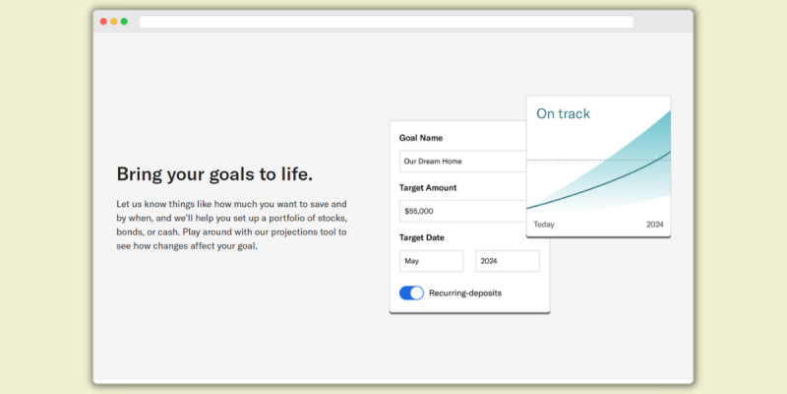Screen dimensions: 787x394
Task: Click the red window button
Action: (x=103, y=22)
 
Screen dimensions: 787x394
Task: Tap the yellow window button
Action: (x=114, y=22)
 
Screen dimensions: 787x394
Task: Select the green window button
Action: (x=124, y=22)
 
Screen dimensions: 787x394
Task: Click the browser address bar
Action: (x=386, y=22)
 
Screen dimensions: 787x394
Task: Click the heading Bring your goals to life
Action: (x=214, y=175)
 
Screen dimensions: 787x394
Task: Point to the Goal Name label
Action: (x=421, y=138)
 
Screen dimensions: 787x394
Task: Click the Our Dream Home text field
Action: (x=462, y=162)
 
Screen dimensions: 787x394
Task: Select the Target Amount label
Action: (x=428, y=188)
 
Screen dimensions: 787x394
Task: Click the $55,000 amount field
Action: (x=462, y=211)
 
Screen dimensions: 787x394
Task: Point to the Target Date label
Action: (x=422, y=237)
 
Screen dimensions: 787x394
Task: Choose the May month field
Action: (x=431, y=261)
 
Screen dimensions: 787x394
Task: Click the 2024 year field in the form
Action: (x=508, y=261)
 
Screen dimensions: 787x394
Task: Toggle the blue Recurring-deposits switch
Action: (x=411, y=293)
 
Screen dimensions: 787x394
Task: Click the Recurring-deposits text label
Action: (x=465, y=293)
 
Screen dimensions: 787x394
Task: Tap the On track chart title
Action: (x=563, y=113)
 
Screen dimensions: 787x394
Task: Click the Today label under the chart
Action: (x=544, y=225)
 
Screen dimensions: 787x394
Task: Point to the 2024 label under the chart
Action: (x=654, y=225)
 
